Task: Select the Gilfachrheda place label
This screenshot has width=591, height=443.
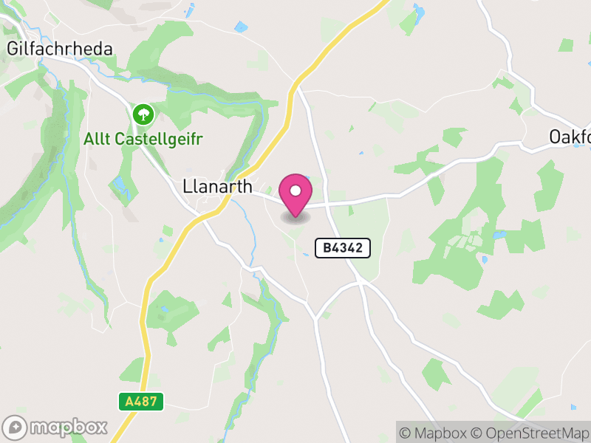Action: coord(60,49)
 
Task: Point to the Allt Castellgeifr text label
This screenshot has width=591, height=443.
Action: coord(143,138)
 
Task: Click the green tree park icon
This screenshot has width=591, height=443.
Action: coord(143,114)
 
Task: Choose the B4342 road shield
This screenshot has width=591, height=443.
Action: coord(343,248)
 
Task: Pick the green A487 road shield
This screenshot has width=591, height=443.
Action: coord(140,402)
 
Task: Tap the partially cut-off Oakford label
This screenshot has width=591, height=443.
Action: coord(570,137)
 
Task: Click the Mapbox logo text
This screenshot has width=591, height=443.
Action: coord(69,427)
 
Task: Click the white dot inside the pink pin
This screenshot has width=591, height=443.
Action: coord(295,190)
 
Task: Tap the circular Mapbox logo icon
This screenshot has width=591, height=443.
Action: coord(16,427)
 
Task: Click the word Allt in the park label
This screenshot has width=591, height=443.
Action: coord(97,138)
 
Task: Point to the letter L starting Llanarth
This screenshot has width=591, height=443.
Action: coord(187,188)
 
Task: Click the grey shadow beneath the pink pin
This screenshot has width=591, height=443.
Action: coord(295,217)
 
